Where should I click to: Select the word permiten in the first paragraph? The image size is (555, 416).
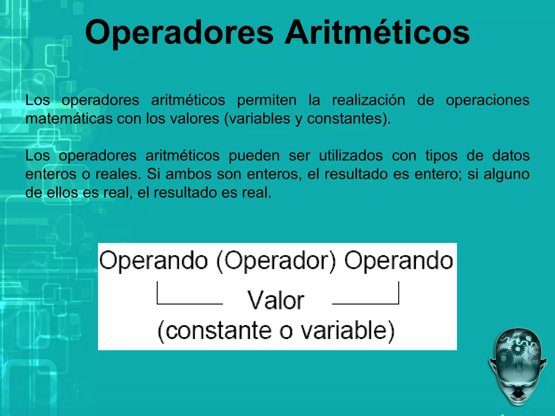tap(267, 100)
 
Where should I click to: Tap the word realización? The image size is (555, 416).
tap(369, 100)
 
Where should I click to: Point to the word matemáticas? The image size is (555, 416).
tap(69, 119)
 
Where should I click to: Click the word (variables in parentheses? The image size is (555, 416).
tap(257, 119)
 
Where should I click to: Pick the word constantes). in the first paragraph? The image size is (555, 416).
tap(349, 119)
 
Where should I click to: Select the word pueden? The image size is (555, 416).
tap(254, 156)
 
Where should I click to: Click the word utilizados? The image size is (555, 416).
tap(351, 156)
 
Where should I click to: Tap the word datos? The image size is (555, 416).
tap(511, 156)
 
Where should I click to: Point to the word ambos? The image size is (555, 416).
tap(188, 174)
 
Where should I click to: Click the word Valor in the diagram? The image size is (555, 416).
tap(276, 300)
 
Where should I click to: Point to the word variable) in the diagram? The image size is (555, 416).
tap(348, 331)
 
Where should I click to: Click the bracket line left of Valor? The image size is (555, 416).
tap(190, 304)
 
